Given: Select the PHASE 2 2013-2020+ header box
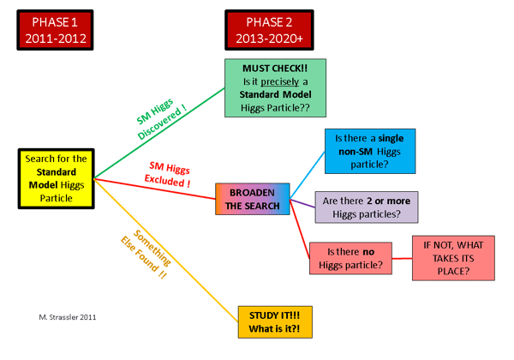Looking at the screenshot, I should pyautogui.click(x=269, y=31).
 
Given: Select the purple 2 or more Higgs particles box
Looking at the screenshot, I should pyautogui.click(x=368, y=207).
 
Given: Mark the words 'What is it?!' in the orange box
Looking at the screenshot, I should pyautogui.click(x=274, y=330).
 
